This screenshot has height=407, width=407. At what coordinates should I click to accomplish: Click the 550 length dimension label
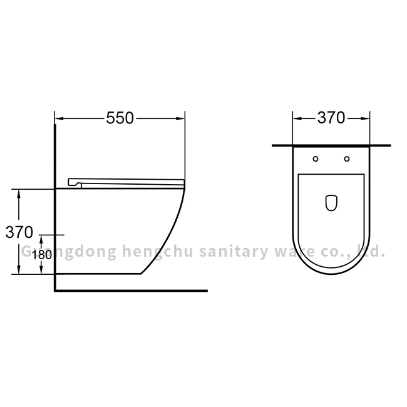coord(120,118)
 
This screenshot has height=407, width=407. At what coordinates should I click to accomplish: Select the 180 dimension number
coord(41,254)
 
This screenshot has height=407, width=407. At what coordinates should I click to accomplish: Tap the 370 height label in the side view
coord(19,232)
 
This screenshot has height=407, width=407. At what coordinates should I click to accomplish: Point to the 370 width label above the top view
coord(331,118)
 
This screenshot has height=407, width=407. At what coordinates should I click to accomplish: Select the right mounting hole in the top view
coord(346,158)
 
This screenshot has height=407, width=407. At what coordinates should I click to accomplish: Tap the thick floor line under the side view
coord(131,291)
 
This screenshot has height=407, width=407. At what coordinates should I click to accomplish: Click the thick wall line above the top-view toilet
coord(331,145)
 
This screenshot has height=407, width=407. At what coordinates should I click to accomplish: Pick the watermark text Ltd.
coord(369,252)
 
